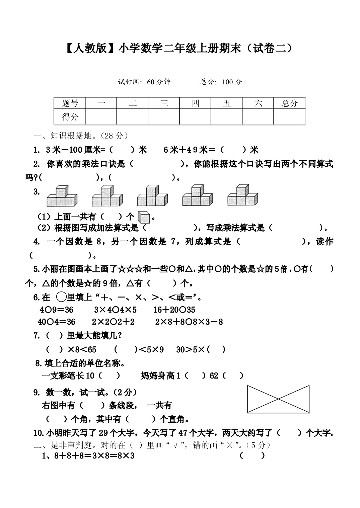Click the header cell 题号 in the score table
pos(70,103)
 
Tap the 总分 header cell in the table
pos(289,103)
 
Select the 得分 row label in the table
pos(70,117)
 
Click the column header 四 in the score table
pos(195,103)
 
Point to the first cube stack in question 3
pos(62,196)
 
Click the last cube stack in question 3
pos(243,195)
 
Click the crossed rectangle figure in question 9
pos(278,399)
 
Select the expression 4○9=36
pos(56,310)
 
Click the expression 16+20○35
pos(174,310)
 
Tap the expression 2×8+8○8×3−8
pos(189,322)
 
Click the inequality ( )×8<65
pos(71,350)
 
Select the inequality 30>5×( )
pos(201,350)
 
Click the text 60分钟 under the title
pos(158,82)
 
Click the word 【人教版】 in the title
pos(87,49)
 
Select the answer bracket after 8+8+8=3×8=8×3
pos(252,455)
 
